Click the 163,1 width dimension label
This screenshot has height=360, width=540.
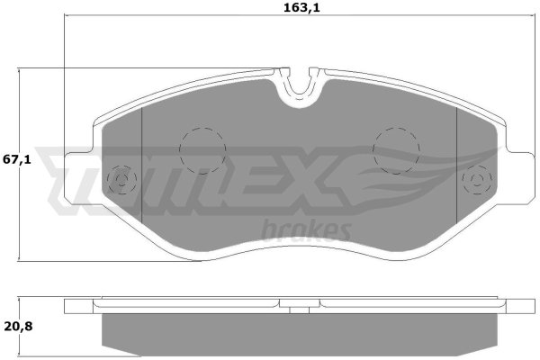[x=301, y=8]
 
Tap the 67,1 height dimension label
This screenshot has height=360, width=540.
[x=17, y=160]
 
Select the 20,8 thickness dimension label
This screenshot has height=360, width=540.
[x=18, y=326]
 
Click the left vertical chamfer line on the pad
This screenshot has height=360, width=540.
[x=142, y=166]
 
